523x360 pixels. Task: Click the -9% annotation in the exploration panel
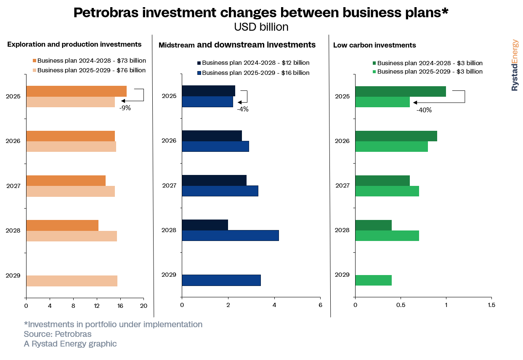pyautogui.click(x=125, y=108)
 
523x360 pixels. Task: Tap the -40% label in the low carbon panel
pyautogui.click(x=424, y=110)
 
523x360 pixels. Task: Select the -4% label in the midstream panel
pyautogui.click(x=243, y=109)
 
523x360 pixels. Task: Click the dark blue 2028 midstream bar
pyautogui.click(x=205, y=225)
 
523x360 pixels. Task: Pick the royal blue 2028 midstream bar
pyautogui.click(x=230, y=236)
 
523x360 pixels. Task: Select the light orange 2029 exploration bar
pyautogui.click(x=72, y=281)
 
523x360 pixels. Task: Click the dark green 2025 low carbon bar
pyautogui.click(x=401, y=91)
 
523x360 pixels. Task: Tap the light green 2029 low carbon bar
pyautogui.click(x=374, y=280)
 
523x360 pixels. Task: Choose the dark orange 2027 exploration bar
pyautogui.click(x=66, y=180)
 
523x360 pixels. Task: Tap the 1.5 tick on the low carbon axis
pyautogui.click(x=491, y=304)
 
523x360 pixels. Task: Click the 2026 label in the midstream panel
pyautogui.click(x=169, y=140)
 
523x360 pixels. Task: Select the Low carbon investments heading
pyautogui.click(x=374, y=45)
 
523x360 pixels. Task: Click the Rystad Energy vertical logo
pyautogui.click(x=515, y=65)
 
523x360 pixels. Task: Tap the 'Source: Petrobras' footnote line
pyautogui.click(x=58, y=334)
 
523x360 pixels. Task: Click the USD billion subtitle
pyautogui.click(x=261, y=27)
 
